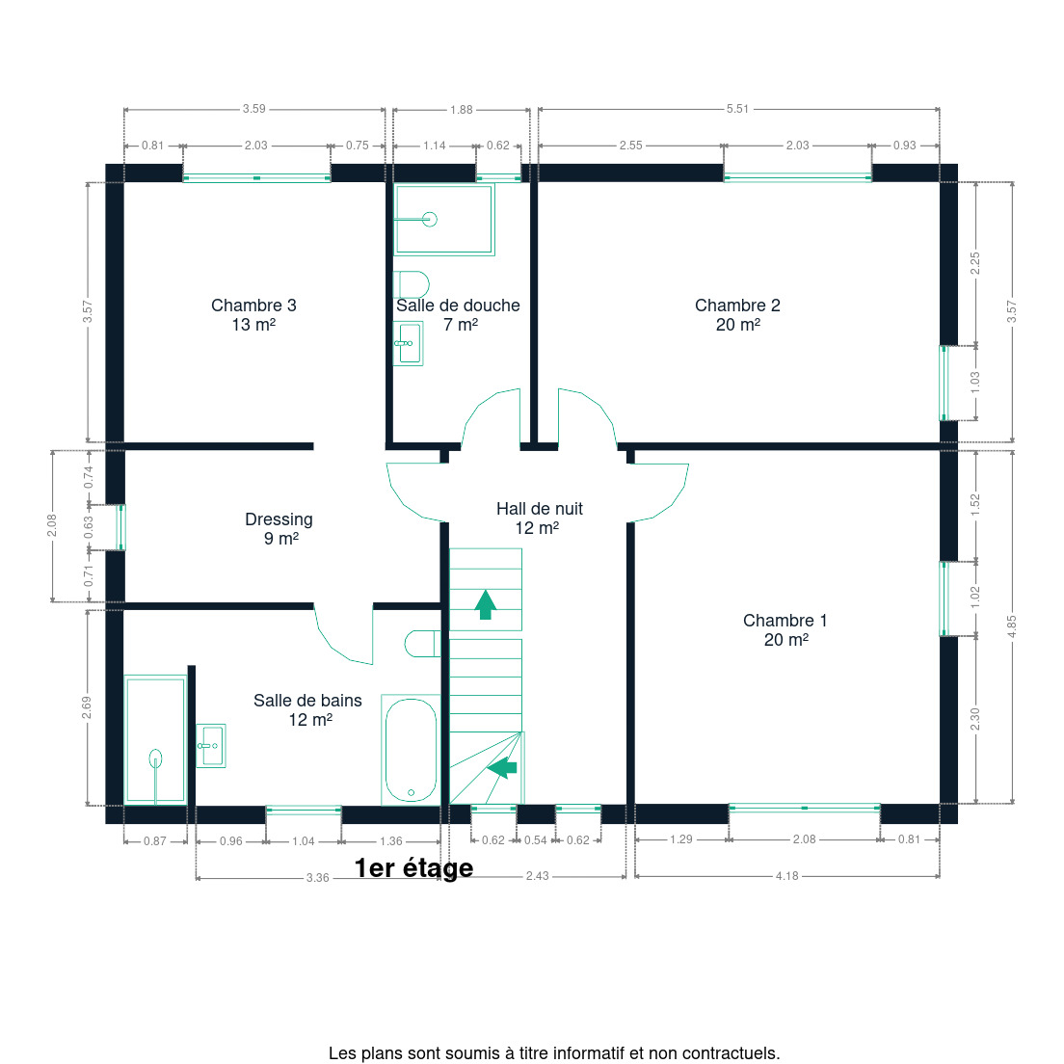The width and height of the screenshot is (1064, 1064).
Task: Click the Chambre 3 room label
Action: click(253, 315)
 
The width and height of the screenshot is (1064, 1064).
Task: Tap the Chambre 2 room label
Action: click(737, 315)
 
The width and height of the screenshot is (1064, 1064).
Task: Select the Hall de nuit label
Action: click(539, 519)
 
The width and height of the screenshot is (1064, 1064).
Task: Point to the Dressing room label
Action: click(279, 528)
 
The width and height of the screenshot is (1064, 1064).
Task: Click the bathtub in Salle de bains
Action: click(412, 750)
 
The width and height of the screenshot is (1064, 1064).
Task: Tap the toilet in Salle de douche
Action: click(412, 284)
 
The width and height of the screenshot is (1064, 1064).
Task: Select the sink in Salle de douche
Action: click(409, 343)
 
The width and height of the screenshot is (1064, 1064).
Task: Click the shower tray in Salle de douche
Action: click(444, 219)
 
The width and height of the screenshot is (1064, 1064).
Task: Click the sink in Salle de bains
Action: click(211, 746)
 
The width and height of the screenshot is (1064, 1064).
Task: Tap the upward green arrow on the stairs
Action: click(485, 604)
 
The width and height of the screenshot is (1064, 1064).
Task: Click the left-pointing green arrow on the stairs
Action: click(502, 767)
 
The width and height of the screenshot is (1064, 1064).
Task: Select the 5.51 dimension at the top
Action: click(737, 109)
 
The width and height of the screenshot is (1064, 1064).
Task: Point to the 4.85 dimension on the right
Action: click(1012, 625)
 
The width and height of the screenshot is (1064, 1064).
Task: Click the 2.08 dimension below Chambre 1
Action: click(804, 839)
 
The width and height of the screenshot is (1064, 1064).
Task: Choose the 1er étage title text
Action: click(413, 868)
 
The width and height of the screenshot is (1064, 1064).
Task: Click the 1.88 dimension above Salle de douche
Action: click(462, 109)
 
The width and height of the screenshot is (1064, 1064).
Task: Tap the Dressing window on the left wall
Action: click(120, 527)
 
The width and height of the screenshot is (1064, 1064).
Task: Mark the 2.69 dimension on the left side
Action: click(87, 707)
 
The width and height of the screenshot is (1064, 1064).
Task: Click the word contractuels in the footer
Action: click(731, 1053)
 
